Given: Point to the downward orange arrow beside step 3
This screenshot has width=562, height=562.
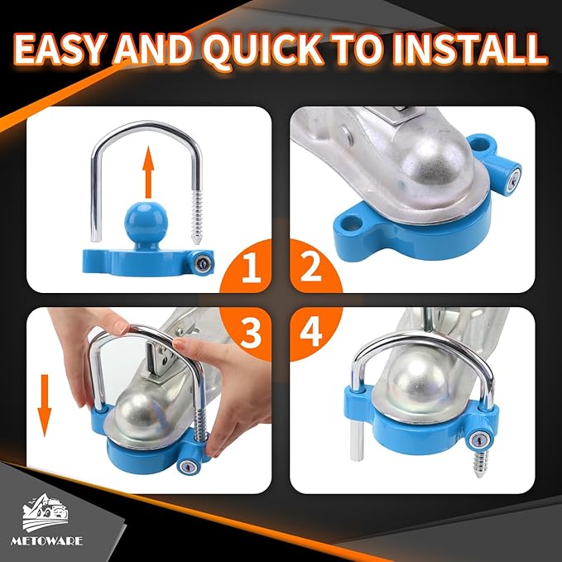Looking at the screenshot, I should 45,406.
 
